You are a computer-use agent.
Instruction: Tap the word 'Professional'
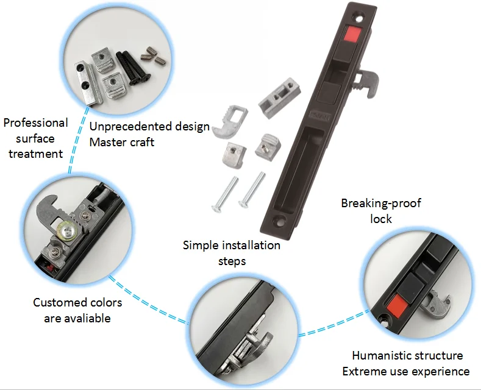click(x=35, y=122)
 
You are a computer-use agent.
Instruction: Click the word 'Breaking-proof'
click(x=381, y=203)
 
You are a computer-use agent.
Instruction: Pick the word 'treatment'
click(x=35, y=154)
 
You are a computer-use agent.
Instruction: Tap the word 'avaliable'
click(x=86, y=318)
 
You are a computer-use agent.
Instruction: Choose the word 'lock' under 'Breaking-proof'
click(x=381, y=218)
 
